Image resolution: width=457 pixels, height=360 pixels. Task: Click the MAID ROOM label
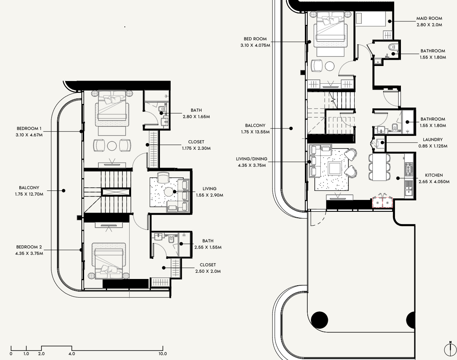[x=429, y=18]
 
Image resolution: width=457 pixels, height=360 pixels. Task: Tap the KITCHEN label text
[x=434, y=175]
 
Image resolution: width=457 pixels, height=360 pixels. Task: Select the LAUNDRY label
[x=433, y=139]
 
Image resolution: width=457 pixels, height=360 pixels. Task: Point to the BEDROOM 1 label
[x=29, y=128]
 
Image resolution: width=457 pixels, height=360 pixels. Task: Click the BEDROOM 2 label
[x=29, y=247]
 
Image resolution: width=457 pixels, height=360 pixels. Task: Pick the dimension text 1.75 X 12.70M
[x=29, y=194]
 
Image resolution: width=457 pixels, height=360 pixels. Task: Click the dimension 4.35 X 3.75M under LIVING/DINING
[x=252, y=165]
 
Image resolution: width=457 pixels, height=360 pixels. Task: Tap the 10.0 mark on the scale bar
[x=163, y=354]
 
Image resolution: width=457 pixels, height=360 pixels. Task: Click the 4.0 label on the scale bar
[x=72, y=354]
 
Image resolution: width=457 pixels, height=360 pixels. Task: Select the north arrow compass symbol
[x=450, y=349]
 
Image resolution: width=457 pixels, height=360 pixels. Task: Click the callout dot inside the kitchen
[x=398, y=178]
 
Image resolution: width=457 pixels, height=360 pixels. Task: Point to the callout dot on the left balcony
[x=64, y=190]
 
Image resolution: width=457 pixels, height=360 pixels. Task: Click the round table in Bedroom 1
[x=112, y=145]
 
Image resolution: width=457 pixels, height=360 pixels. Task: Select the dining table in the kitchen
[x=380, y=167]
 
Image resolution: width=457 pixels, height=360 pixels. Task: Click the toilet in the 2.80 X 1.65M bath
[x=162, y=109]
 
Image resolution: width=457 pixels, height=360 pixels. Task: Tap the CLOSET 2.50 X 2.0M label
[x=208, y=268]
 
